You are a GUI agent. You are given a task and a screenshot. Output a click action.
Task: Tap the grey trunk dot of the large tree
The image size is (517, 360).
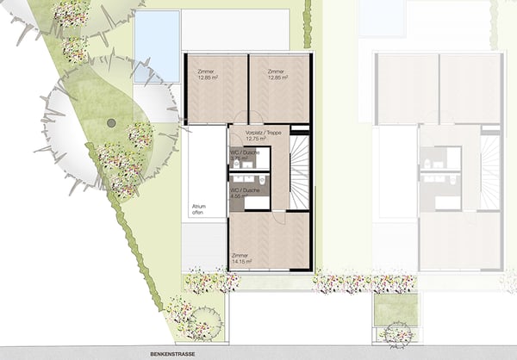coord(110,124)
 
